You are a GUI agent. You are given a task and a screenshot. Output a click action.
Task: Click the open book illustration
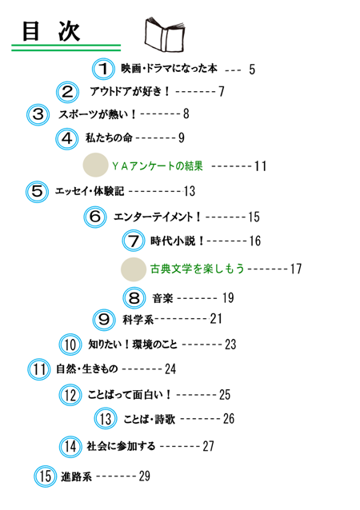point(164,35)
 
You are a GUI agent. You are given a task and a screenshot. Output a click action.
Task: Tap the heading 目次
point(50,31)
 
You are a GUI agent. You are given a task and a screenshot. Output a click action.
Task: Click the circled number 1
point(103,69)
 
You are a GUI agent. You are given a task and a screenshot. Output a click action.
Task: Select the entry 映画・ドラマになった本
point(169,68)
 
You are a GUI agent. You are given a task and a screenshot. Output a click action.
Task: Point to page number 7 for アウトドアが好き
point(222,91)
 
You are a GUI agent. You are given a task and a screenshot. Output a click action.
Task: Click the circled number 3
point(38,114)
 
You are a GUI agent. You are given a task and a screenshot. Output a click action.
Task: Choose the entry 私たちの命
point(109,137)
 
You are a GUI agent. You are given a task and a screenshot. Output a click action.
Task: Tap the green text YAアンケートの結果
point(158,166)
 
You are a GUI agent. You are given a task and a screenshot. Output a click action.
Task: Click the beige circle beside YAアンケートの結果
point(95,165)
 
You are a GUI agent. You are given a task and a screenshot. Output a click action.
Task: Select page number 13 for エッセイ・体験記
point(189,191)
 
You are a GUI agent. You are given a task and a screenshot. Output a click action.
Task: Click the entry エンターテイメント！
point(158,217)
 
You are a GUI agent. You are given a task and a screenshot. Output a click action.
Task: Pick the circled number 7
point(134,241)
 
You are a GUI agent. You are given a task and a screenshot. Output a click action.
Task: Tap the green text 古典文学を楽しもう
point(197,269)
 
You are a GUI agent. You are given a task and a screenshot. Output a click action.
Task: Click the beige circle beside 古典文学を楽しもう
point(134,269)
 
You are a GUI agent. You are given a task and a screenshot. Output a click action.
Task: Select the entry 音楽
point(162,298)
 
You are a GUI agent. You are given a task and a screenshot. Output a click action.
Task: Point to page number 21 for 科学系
point(216,319)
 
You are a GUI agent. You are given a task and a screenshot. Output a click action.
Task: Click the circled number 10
point(70,345)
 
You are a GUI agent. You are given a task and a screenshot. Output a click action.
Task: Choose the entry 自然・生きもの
point(87,369)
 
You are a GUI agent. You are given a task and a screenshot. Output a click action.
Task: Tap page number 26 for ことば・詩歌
point(229,419)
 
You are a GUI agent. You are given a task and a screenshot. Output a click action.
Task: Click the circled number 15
point(46,476)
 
